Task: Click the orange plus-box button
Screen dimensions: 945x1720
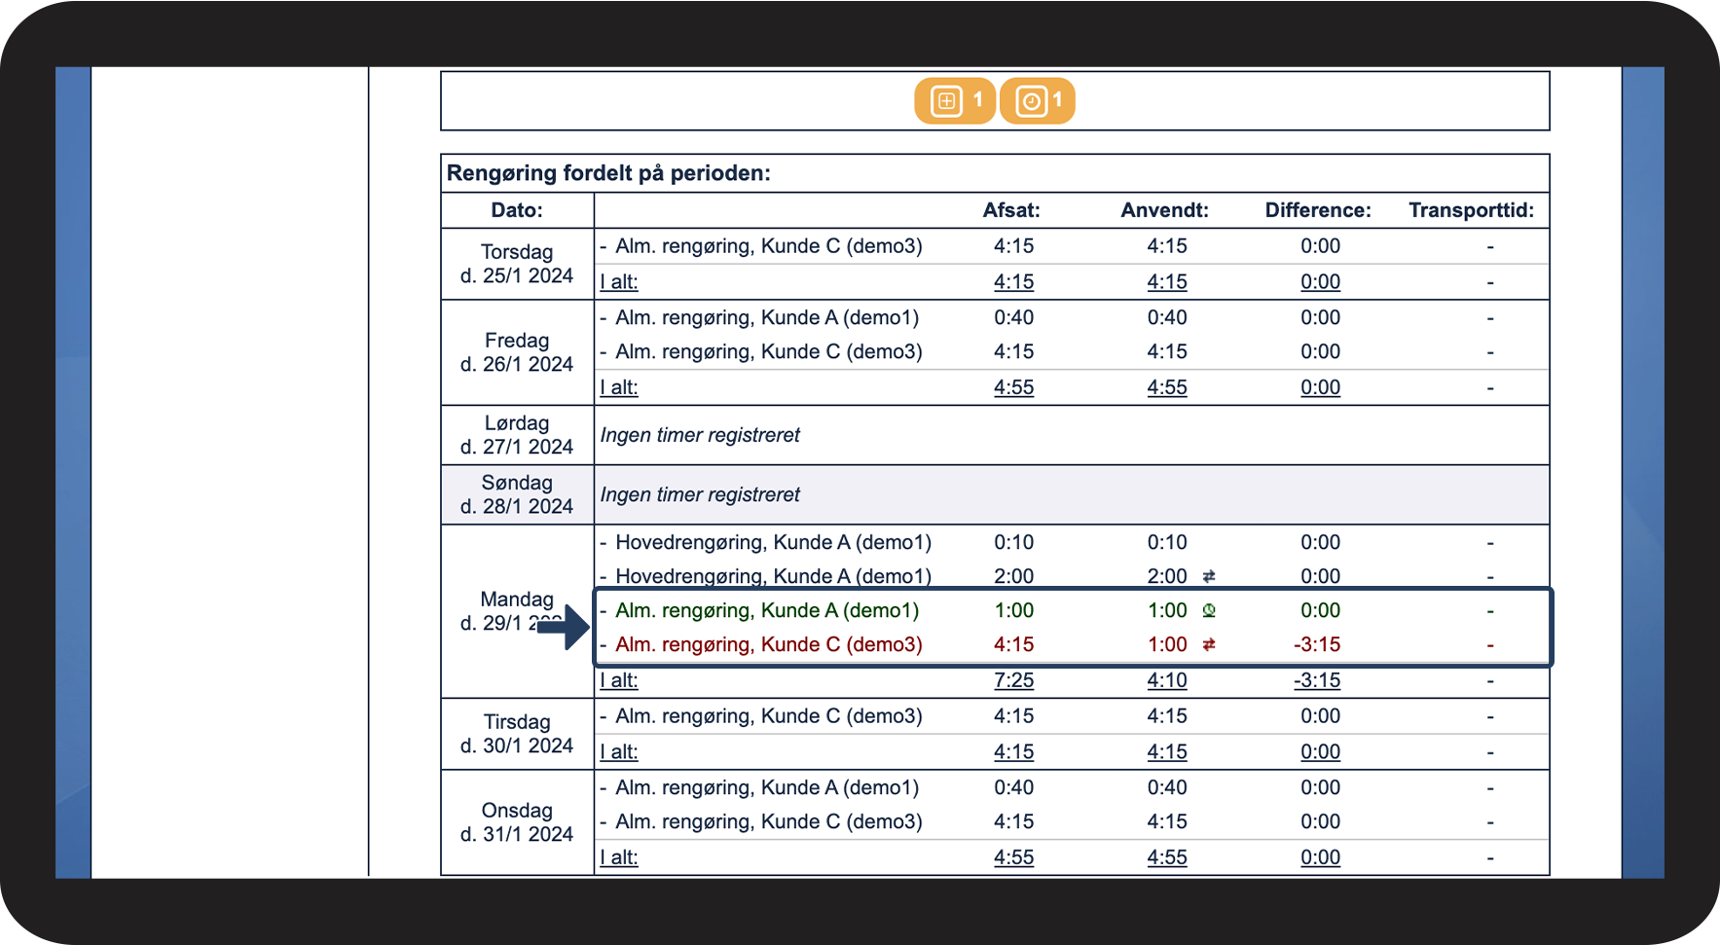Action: click(x=954, y=101)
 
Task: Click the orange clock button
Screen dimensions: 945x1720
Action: click(x=1038, y=101)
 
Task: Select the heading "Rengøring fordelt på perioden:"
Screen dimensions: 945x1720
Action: click(x=608, y=173)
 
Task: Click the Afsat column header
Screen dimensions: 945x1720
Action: click(x=1011, y=210)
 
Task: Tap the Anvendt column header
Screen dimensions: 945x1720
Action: click(x=1164, y=210)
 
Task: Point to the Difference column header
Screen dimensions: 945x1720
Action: click(x=1317, y=210)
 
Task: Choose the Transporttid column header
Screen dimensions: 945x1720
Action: click(x=1471, y=210)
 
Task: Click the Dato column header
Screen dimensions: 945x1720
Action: click(x=517, y=210)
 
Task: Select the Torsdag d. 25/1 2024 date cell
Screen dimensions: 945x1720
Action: click(x=517, y=264)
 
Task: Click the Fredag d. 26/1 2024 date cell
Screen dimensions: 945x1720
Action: click(x=517, y=352)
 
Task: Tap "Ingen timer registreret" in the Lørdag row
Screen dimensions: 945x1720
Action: click(x=700, y=435)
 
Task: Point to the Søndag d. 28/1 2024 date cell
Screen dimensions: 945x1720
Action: click(x=517, y=494)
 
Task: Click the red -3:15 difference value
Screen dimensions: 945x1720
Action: click(x=1317, y=644)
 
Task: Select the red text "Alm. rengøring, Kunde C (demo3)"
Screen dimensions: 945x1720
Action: click(x=769, y=644)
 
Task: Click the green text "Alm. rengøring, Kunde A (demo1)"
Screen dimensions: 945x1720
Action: click(x=767, y=610)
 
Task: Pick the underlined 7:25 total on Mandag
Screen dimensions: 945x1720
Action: click(x=1013, y=680)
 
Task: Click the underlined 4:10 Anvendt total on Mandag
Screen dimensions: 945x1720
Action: click(x=1167, y=680)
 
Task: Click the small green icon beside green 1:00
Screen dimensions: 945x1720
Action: click(x=1209, y=610)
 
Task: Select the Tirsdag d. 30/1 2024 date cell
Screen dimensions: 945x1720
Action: click(x=517, y=734)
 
